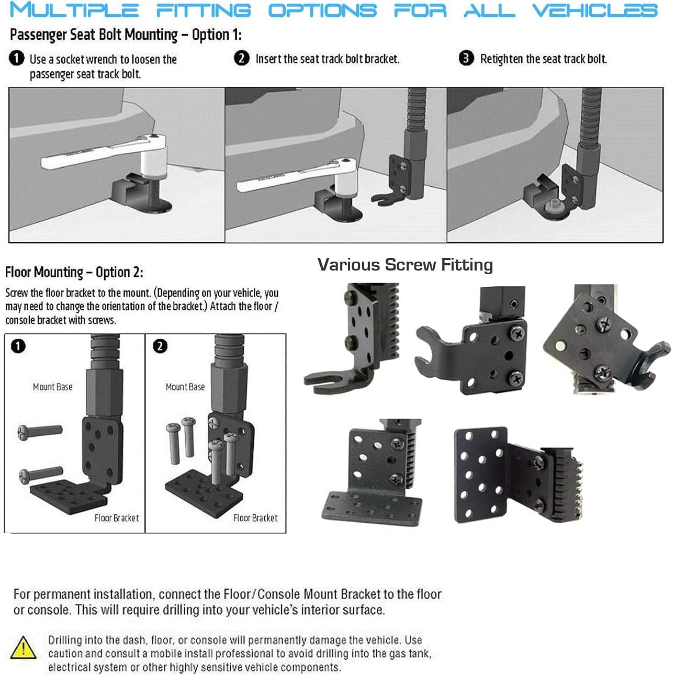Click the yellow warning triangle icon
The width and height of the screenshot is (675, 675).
tap(23, 648)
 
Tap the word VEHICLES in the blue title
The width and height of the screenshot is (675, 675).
tap(594, 10)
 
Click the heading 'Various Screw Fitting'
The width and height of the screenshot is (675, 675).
tap(405, 265)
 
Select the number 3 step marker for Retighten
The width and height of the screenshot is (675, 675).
tap(466, 58)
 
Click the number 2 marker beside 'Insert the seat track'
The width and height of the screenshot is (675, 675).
tap(241, 58)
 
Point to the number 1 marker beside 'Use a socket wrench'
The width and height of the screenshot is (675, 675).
tap(17, 58)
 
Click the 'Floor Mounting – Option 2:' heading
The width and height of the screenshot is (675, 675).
tap(74, 272)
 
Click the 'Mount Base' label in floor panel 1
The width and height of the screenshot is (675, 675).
tap(52, 387)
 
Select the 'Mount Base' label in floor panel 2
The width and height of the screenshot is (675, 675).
tap(185, 387)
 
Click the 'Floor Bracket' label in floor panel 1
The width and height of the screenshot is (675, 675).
tap(117, 517)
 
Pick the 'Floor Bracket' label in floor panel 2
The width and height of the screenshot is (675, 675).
tap(255, 517)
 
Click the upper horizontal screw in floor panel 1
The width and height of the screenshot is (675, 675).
tap(41, 432)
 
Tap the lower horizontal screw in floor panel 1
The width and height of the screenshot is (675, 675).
tap(41, 475)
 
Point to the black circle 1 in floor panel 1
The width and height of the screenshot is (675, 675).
tap(18, 346)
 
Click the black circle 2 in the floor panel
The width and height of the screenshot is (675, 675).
tap(160, 346)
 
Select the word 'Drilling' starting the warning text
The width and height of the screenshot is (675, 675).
tap(65, 640)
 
